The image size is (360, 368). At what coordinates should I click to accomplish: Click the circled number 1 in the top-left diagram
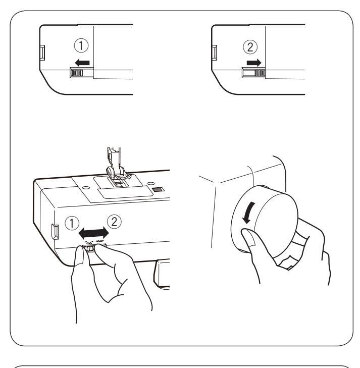(81, 45)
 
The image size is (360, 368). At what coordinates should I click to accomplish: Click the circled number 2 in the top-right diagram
(250, 47)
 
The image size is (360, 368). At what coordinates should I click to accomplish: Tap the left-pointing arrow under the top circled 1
(82, 63)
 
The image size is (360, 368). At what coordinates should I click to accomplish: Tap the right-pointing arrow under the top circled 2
(254, 63)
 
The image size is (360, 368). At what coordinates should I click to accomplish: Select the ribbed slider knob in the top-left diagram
(77, 73)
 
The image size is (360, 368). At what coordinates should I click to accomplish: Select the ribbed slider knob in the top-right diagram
(260, 73)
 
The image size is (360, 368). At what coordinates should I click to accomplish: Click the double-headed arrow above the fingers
(93, 233)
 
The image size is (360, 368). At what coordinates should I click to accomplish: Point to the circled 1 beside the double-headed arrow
(72, 223)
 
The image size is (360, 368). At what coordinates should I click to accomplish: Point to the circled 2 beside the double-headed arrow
(114, 222)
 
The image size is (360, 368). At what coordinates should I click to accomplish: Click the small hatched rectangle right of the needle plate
(158, 189)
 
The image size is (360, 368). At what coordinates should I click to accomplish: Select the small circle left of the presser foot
(86, 188)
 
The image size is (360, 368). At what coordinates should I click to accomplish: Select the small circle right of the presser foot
(150, 183)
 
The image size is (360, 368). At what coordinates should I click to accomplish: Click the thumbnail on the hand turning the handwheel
(250, 239)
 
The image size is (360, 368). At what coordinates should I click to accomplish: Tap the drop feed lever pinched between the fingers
(89, 248)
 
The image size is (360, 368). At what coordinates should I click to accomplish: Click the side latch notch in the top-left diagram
(42, 52)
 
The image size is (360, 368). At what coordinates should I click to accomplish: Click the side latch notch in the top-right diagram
(214, 52)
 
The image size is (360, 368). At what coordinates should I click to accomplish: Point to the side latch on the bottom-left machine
(55, 232)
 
